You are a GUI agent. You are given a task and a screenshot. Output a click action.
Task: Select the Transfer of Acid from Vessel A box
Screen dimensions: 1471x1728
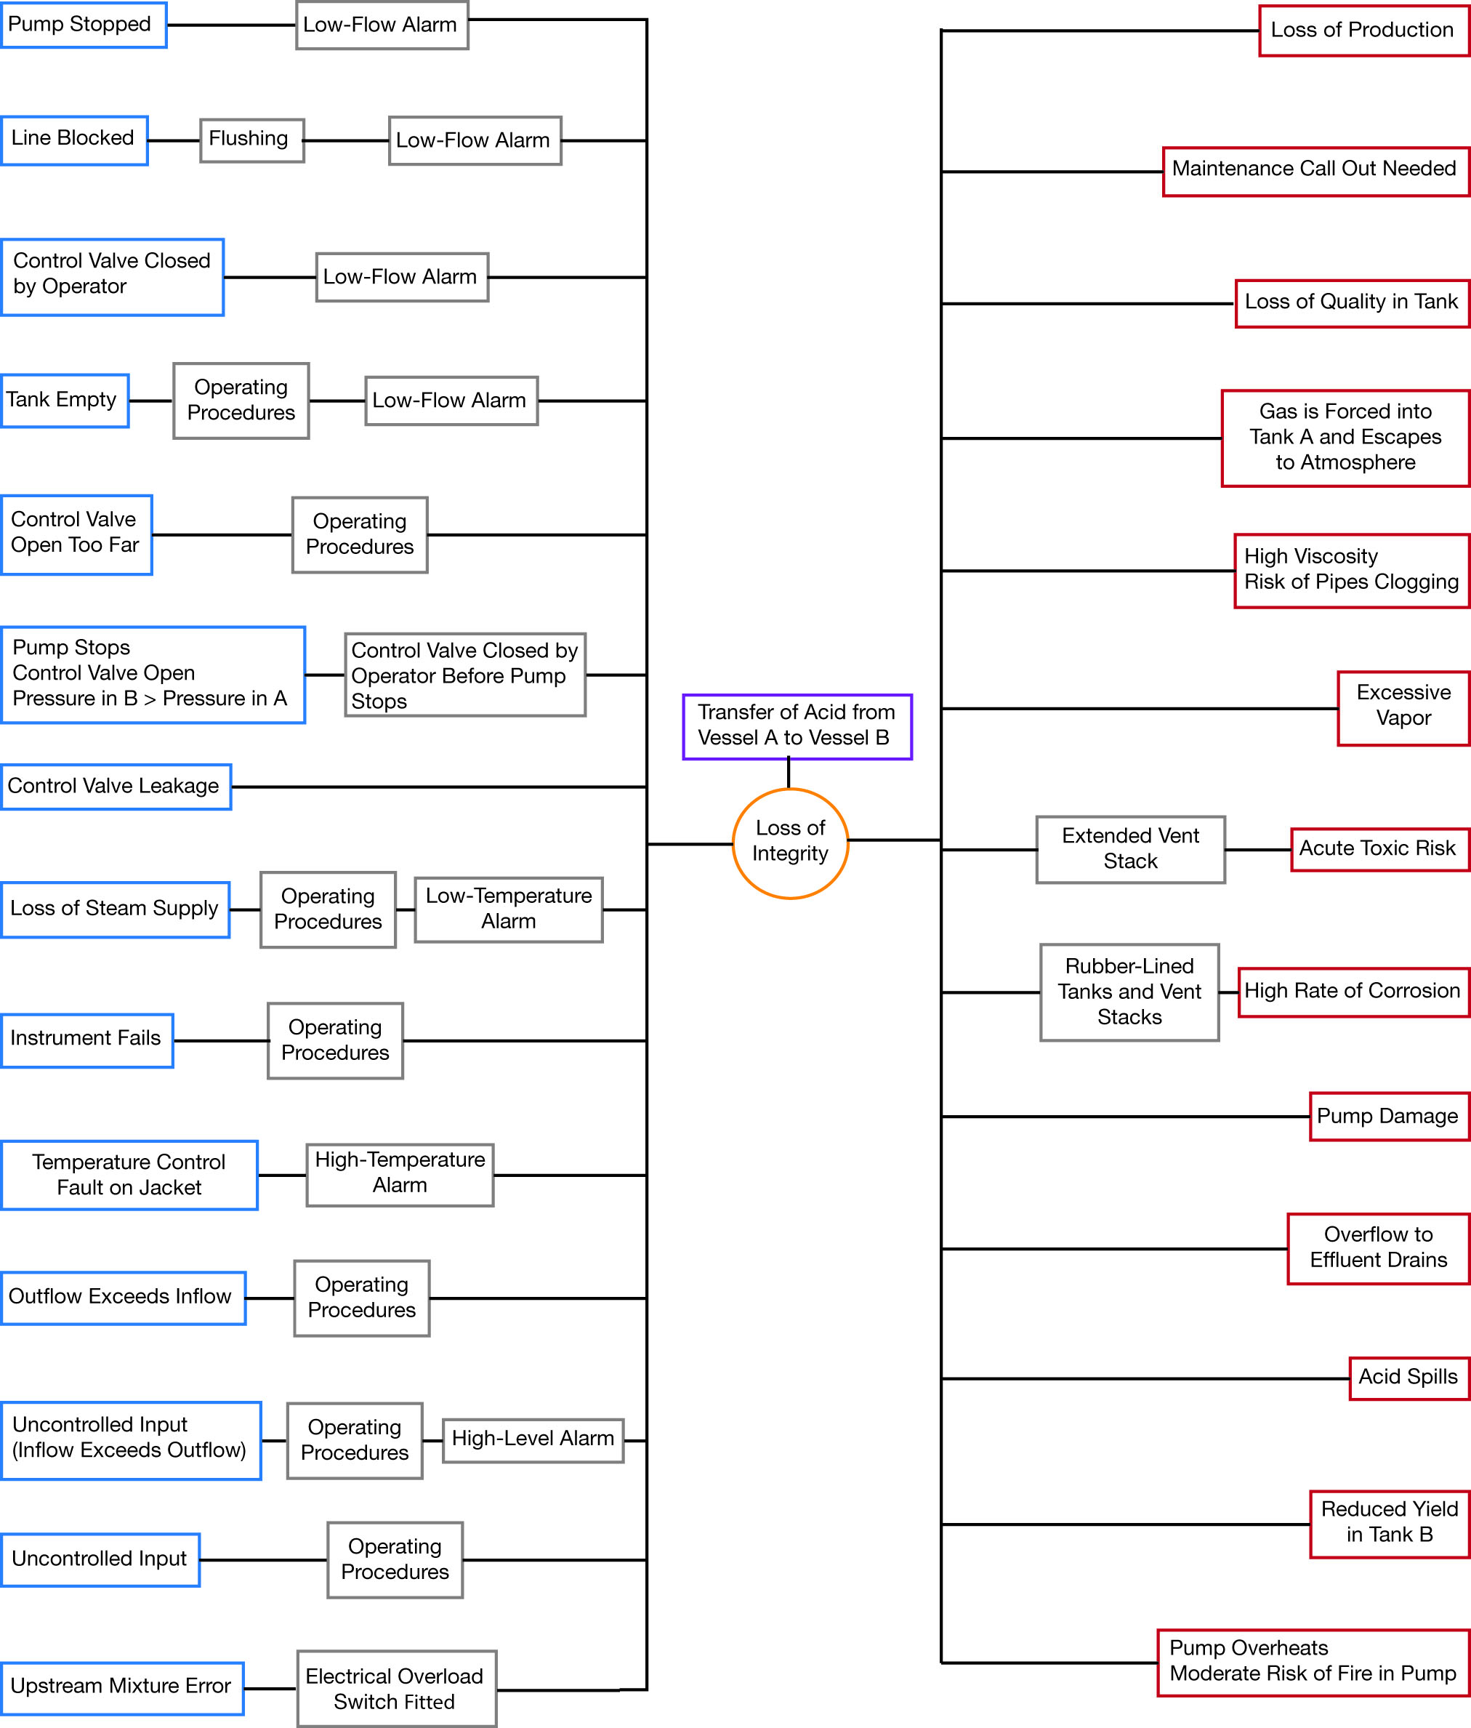point(797,726)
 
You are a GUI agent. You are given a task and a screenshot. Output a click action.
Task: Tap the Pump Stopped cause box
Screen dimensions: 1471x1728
point(84,25)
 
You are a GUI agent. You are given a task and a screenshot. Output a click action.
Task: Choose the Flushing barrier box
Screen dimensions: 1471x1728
point(252,140)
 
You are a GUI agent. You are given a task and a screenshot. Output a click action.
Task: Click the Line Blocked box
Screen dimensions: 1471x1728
point(74,140)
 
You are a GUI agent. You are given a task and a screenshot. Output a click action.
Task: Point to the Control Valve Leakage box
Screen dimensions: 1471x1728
point(116,787)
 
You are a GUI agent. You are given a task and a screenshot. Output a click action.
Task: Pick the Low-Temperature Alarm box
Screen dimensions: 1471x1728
point(509,909)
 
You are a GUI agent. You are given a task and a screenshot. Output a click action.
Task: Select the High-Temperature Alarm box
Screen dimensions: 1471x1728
point(400,1174)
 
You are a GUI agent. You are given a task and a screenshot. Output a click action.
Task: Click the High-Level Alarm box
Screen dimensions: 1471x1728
point(533,1440)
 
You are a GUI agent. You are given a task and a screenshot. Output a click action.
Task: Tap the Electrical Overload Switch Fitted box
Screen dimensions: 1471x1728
point(397,1689)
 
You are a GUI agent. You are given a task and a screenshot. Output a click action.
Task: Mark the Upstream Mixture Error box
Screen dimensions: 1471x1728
point(122,1689)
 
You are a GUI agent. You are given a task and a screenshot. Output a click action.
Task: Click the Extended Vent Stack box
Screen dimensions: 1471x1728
point(1131,849)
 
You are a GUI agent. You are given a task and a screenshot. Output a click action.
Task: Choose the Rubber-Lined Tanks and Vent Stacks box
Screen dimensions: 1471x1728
point(1130,992)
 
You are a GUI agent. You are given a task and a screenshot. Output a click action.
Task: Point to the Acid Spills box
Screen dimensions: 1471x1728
point(1409,1378)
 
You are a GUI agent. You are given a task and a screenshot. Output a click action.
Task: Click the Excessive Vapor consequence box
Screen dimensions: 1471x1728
point(1404,708)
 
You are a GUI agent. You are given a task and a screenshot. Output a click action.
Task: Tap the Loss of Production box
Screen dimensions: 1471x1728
point(1364,31)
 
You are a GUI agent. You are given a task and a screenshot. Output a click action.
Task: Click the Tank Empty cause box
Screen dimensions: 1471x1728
point(65,401)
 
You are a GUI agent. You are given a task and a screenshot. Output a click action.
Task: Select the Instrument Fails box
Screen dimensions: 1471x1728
point(86,1040)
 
